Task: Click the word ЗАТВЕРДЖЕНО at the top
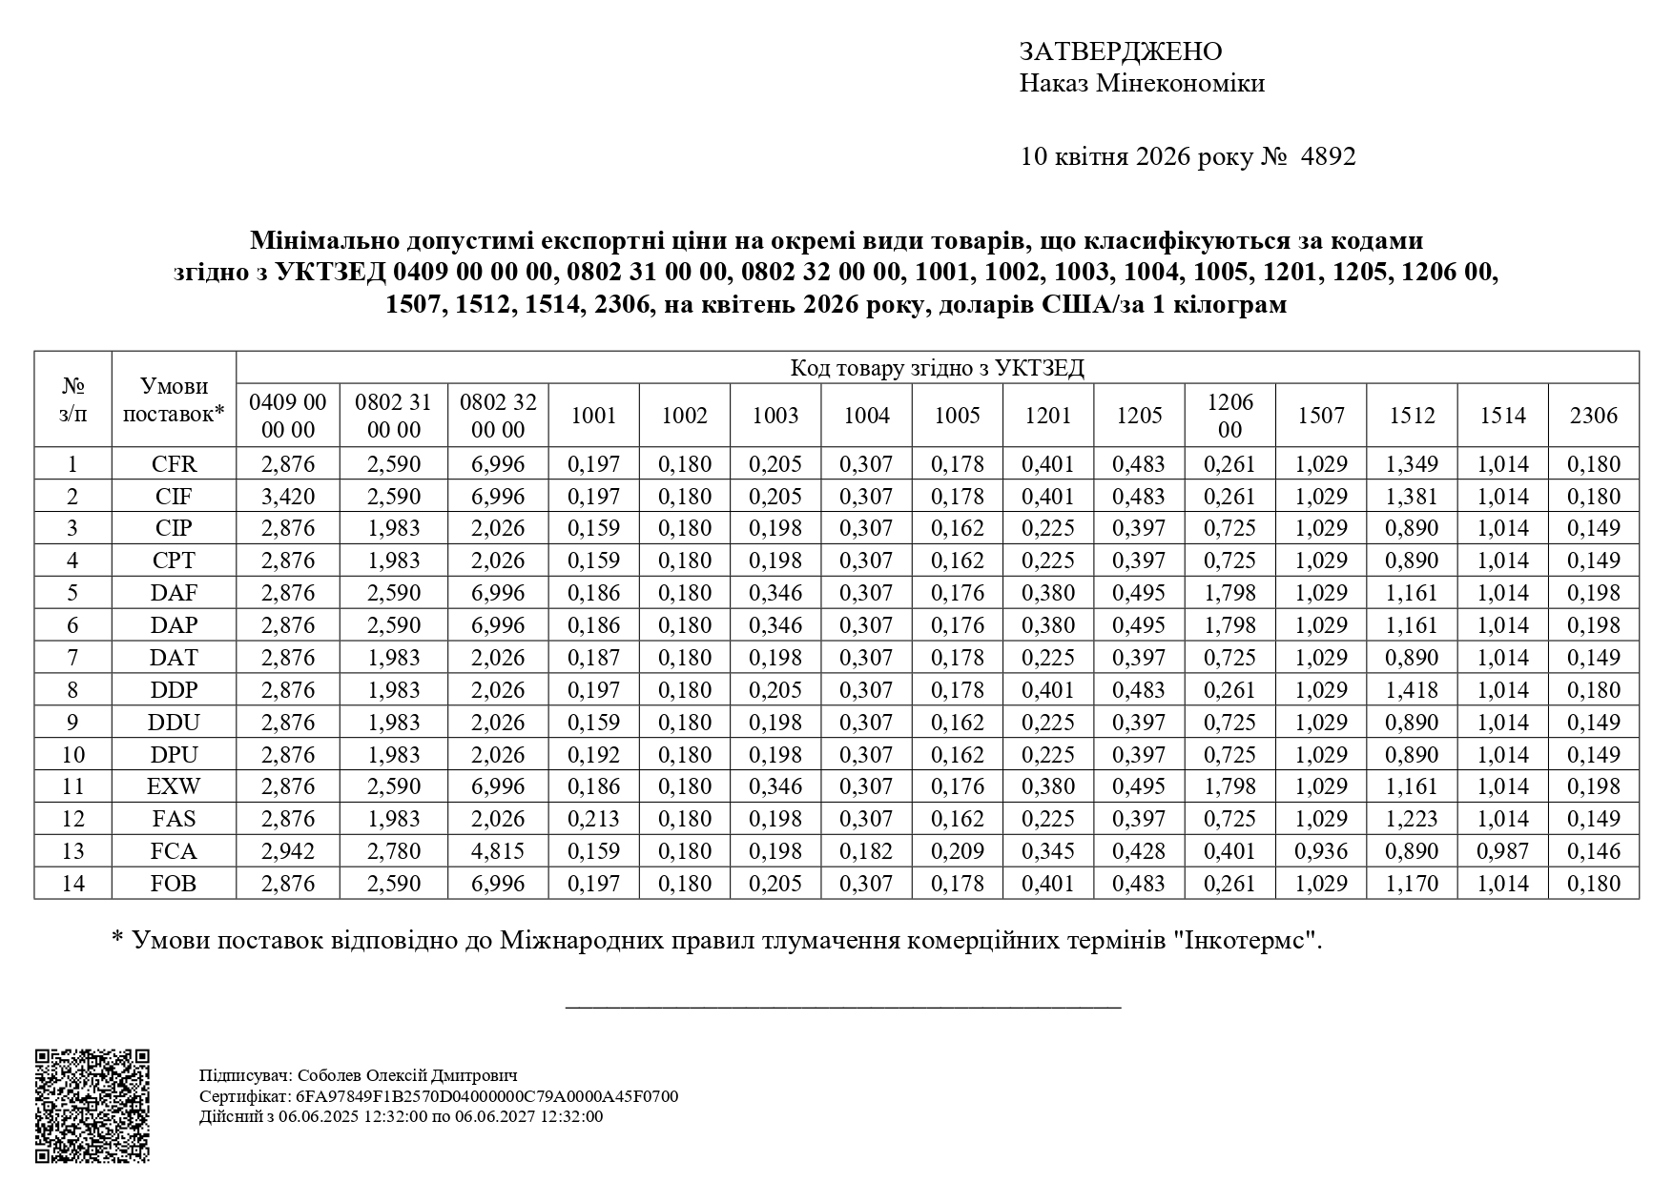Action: [x=1120, y=51]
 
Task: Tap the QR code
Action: [x=93, y=1106]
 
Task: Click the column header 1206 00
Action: [x=1229, y=416]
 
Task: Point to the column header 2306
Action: [x=1594, y=416]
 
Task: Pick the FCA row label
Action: [x=174, y=851]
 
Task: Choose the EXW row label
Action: [x=174, y=786]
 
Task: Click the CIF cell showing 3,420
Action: [x=288, y=497]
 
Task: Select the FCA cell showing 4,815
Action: [x=498, y=851]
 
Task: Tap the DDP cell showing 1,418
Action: [x=1412, y=690]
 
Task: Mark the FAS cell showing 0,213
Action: [x=593, y=819]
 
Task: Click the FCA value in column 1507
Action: [x=1321, y=851]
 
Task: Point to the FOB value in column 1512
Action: [x=1412, y=884]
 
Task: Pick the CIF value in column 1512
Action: [x=1412, y=497]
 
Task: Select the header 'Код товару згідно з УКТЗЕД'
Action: [x=937, y=368]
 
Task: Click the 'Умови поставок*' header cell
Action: [x=174, y=399]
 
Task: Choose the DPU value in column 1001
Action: [x=593, y=755]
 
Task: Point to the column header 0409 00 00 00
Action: [x=288, y=416]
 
